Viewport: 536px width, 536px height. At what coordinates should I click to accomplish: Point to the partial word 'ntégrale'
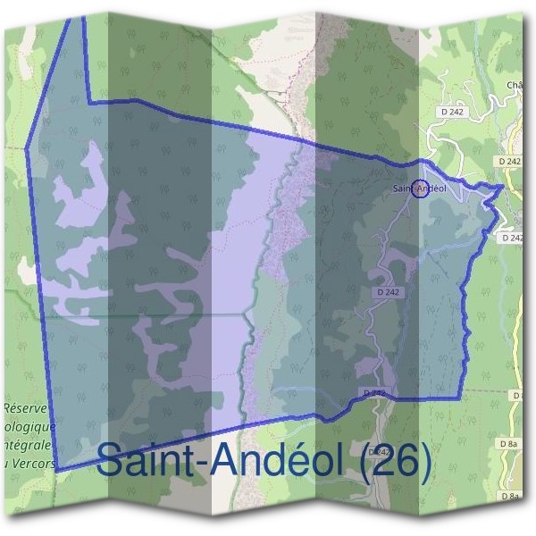click(x=29, y=444)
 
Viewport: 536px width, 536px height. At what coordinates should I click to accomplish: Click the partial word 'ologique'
click(x=29, y=426)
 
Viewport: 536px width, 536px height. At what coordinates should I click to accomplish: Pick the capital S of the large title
click(x=111, y=460)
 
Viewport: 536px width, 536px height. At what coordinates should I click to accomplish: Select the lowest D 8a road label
click(x=509, y=494)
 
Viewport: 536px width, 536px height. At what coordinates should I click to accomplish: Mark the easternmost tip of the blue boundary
click(x=504, y=187)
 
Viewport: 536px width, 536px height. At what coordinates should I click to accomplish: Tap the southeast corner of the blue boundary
click(x=460, y=396)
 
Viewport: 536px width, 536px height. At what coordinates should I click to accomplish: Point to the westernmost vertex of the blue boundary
click(x=28, y=145)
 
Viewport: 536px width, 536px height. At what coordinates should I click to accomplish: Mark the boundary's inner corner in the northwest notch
click(x=91, y=103)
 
